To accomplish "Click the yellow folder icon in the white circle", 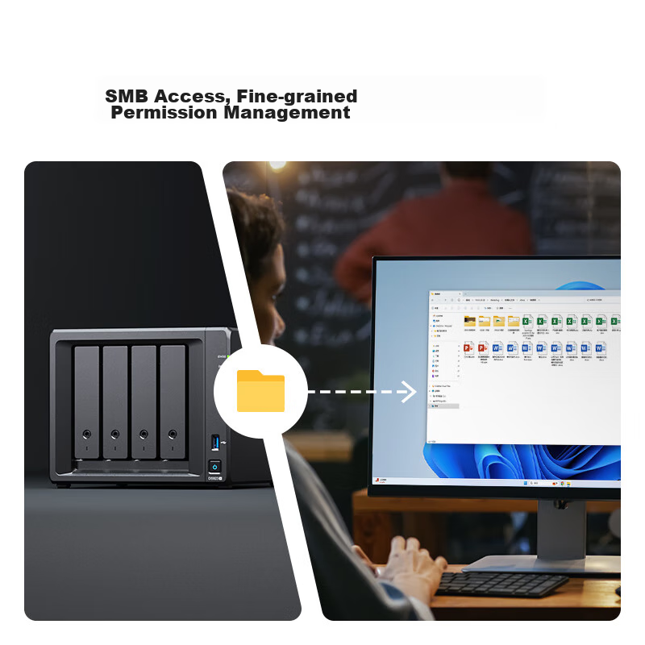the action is (260, 391).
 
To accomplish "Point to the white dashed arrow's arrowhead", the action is (410, 393).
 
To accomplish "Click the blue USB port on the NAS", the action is (214, 441).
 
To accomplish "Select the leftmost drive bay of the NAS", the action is (86, 401).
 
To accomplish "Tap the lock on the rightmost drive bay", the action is (172, 435).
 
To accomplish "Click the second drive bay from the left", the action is (115, 401).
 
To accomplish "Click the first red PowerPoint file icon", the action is (468, 348).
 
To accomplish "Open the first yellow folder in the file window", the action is (469, 321).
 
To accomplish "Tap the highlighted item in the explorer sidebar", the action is (444, 406).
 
